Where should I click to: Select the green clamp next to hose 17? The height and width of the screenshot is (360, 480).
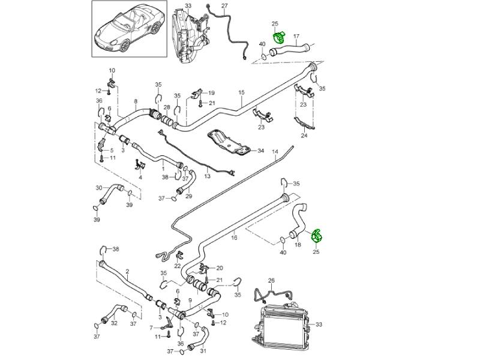(279, 38)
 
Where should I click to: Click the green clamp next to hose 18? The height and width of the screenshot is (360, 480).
(316, 236)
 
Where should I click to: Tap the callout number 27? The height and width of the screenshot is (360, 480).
(224, 6)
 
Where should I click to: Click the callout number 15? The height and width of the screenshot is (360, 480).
(242, 93)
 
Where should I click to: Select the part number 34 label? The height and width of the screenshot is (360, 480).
(260, 151)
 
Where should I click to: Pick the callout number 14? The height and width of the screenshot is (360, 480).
(275, 152)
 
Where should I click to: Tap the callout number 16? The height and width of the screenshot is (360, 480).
(234, 238)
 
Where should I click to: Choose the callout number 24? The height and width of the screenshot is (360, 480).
(304, 136)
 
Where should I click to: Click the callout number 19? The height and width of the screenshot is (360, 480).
(211, 93)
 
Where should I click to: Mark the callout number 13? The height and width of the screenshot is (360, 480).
(207, 177)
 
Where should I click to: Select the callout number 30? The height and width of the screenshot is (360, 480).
(99, 187)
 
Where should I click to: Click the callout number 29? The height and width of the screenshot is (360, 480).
(188, 196)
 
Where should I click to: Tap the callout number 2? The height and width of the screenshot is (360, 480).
(127, 271)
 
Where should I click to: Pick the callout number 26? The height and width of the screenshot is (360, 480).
(271, 280)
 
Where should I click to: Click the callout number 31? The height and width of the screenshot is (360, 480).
(203, 351)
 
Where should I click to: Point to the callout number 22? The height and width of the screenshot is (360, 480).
(178, 266)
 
